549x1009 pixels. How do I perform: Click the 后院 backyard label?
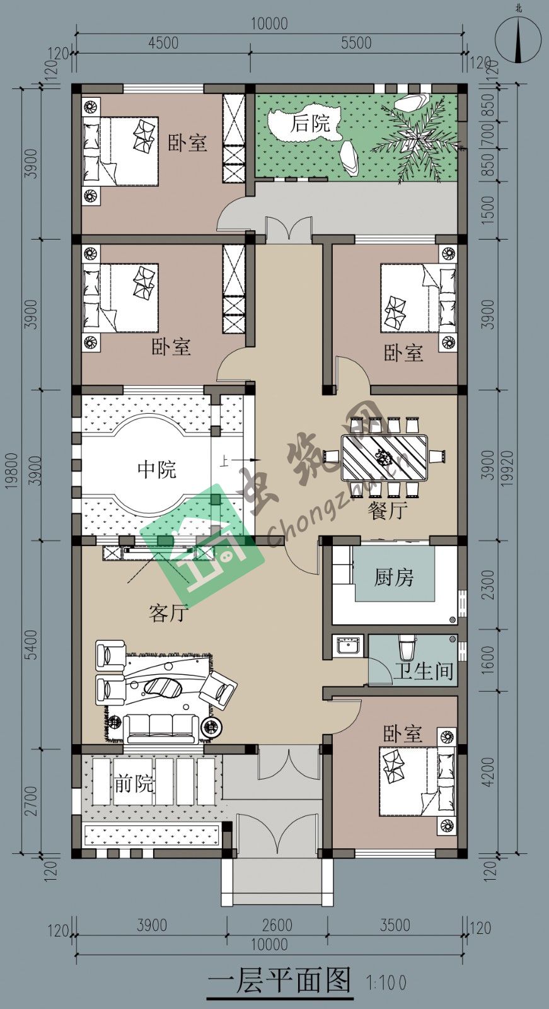[x=310, y=123]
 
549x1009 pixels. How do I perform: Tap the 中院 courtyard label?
[x=157, y=470]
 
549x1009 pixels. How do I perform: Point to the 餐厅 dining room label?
[x=388, y=510]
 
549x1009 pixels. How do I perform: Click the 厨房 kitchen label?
[x=393, y=577]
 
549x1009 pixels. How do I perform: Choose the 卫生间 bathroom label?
[x=424, y=671]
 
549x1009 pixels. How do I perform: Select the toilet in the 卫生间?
[x=406, y=647]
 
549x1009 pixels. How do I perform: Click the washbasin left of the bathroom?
[x=347, y=646]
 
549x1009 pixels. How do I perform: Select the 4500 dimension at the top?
[x=163, y=43]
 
